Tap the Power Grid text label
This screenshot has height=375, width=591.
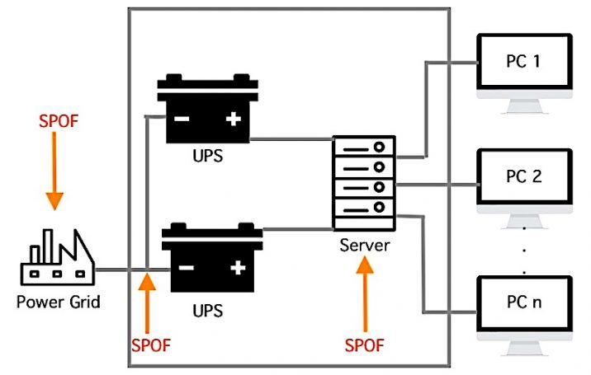tap(58, 302)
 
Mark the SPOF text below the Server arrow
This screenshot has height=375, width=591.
tap(364, 343)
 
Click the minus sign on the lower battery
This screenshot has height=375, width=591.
tap(187, 268)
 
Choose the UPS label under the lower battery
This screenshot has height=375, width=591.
tap(208, 312)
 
